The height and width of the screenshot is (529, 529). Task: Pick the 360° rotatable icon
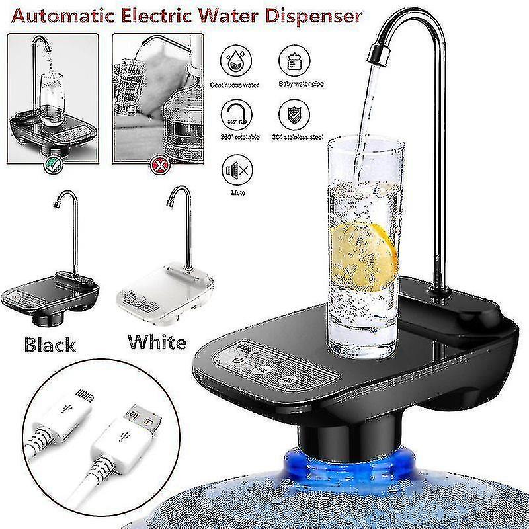[233, 112]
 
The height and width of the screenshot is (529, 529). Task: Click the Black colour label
[50, 344]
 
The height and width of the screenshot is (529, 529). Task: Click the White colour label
[157, 342]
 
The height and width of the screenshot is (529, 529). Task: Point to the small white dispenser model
[165, 284]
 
